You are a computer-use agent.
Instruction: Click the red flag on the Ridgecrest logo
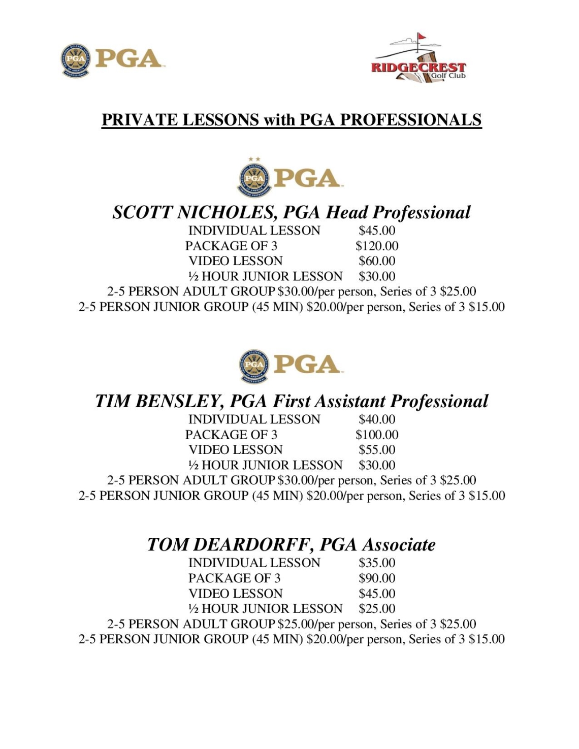[x=422, y=37]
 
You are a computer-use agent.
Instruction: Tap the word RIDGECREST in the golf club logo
[x=418, y=67]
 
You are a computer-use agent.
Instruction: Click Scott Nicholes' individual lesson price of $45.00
[x=377, y=231]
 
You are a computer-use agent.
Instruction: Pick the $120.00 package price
[x=377, y=246]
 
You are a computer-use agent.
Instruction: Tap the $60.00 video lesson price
[x=377, y=261]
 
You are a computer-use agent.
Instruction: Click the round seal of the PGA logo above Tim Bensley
[x=254, y=366]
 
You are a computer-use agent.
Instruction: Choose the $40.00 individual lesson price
[x=377, y=419]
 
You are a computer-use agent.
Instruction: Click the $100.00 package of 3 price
[x=377, y=435]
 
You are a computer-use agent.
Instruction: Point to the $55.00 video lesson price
[x=377, y=450]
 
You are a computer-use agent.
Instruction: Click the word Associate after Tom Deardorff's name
[x=399, y=545]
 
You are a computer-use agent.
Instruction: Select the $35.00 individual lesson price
[x=377, y=563]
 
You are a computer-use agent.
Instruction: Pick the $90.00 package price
[x=377, y=578]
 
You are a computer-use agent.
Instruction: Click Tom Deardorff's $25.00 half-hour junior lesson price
[x=377, y=608]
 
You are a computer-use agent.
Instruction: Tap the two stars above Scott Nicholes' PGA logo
[x=254, y=159]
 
